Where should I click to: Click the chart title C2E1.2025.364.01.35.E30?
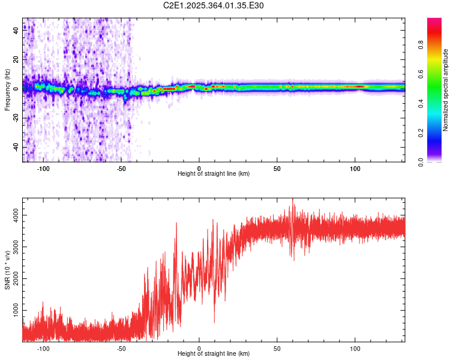214,5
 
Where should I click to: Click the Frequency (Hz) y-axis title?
7,90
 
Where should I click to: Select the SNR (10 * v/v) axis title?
7,271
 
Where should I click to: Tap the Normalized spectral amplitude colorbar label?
445,90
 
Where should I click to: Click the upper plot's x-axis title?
214,174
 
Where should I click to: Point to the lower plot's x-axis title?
214,354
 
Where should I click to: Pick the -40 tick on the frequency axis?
16,148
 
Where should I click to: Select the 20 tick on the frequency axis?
16,59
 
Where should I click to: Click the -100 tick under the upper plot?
43,169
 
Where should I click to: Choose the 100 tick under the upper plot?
355,169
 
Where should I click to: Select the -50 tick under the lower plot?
121,349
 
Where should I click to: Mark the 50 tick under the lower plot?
277,349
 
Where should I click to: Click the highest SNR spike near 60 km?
293,199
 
